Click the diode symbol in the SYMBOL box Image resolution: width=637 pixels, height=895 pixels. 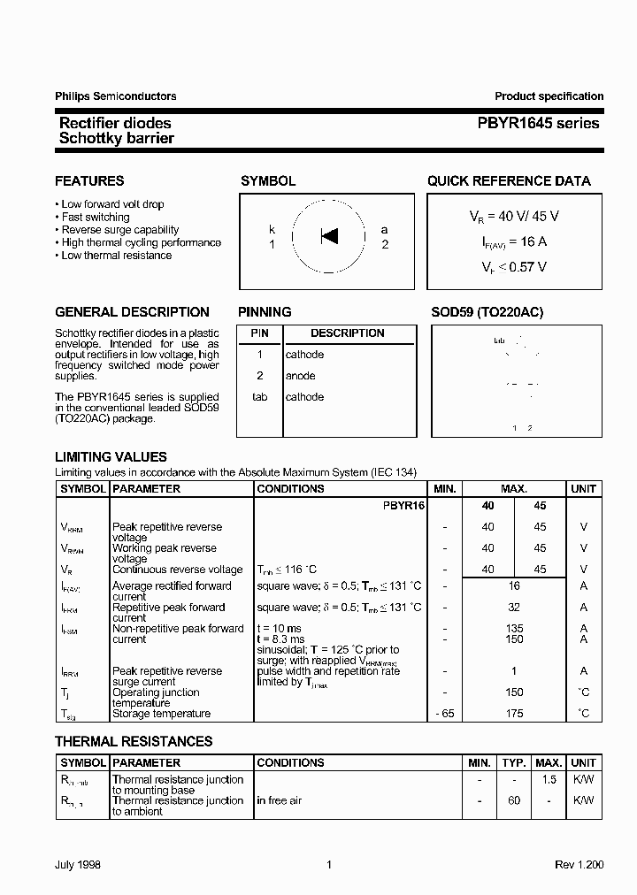click(329, 236)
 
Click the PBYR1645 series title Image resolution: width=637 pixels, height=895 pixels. click(548, 124)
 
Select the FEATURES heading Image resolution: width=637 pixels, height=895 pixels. click(89, 181)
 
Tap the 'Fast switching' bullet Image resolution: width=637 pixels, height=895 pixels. click(96, 217)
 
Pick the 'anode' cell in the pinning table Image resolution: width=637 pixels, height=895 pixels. click(300, 376)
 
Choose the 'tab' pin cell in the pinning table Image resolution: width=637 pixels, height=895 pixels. click(259, 397)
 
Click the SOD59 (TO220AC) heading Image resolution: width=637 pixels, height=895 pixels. click(487, 312)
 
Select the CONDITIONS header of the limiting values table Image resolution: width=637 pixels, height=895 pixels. click(290, 489)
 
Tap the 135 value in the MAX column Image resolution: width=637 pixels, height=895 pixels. click(514, 629)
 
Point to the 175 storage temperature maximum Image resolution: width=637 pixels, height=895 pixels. click(514, 714)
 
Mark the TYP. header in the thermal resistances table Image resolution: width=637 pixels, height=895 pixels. click(514, 762)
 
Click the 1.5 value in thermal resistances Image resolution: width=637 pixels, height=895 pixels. click(549, 779)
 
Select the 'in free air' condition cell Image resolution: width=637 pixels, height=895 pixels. click(280, 800)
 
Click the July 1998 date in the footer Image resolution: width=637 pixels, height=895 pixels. click(80, 865)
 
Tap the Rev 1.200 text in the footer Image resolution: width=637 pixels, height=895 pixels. click(579, 865)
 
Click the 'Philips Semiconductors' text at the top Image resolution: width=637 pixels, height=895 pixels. click(116, 96)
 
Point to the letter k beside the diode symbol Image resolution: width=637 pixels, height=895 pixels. click(272, 229)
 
